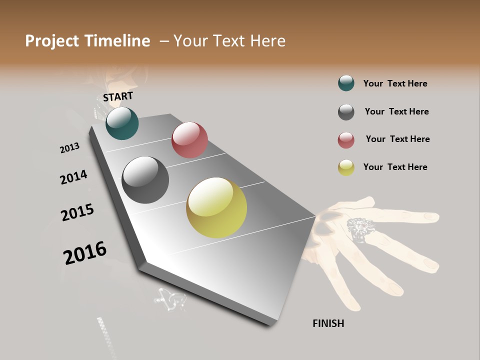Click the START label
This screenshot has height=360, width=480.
coord(118,96)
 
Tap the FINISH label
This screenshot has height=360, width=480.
coord(328,323)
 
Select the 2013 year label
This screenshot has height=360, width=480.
coord(69,148)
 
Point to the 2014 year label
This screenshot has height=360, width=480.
coord(73,177)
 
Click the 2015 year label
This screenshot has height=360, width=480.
coord(77,212)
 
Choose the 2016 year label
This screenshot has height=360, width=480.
coord(85,252)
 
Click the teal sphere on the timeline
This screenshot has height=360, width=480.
coord(122,123)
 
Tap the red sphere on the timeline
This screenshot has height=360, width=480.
coord(189,140)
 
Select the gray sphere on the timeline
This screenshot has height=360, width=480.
coord(145,180)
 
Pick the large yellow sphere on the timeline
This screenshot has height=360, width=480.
coord(216,207)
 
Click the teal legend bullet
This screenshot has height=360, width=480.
coord(346,83)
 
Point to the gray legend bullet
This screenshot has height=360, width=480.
coord(346,112)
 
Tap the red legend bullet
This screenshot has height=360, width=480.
coord(346,140)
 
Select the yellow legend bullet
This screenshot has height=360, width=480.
coord(346,167)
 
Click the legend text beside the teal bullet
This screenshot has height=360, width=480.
coord(395,83)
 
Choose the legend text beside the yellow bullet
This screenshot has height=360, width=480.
coord(395,167)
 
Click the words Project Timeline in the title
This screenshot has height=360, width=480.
coord(87,41)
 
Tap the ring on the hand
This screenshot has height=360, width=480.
coord(359,229)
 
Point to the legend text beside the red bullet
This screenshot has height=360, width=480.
coord(397,139)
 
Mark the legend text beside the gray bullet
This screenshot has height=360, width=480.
coord(396,111)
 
